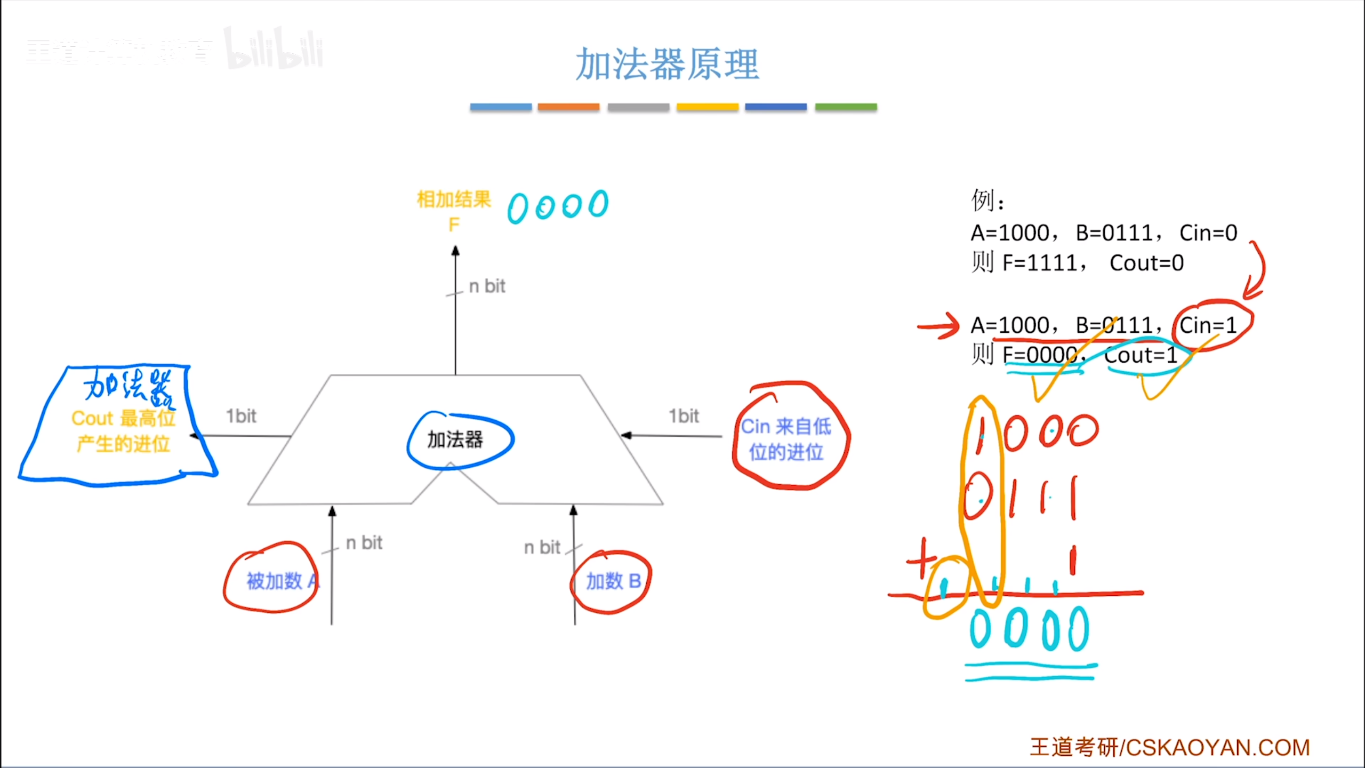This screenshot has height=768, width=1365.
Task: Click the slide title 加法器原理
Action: [667, 65]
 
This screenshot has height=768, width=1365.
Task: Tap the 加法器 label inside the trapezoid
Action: [455, 440]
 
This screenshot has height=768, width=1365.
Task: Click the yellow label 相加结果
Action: [454, 200]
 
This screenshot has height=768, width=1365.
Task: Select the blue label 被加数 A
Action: [282, 581]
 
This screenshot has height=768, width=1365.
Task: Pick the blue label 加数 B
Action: [613, 581]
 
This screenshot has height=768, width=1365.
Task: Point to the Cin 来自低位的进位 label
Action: [786, 438]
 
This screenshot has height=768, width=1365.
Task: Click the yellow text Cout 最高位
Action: [123, 419]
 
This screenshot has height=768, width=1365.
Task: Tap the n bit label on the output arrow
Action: [487, 286]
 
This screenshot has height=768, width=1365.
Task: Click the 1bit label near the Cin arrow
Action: [684, 416]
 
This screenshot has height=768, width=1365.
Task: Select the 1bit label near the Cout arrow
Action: [241, 416]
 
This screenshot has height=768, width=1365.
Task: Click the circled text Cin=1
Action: [1208, 325]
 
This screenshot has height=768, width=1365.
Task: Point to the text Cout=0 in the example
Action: [1146, 263]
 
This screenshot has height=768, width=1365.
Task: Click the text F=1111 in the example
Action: [1040, 263]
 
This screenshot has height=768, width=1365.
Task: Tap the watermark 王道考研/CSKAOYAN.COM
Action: [1170, 747]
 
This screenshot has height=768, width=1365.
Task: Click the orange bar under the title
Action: [568, 107]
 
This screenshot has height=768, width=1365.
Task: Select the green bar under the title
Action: [846, 107]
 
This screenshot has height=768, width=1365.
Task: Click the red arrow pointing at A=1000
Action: [938, 326]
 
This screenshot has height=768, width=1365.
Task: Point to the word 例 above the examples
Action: [983, 201]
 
